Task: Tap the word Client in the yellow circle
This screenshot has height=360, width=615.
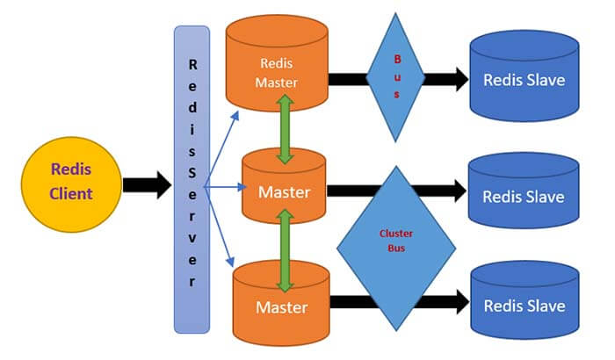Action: pyautogui.click(x=71, y=194)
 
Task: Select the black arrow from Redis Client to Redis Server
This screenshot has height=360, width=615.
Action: pyautogui.click(x=145, y=184)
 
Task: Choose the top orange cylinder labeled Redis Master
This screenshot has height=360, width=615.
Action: pyautogui.click(x=279, y=66)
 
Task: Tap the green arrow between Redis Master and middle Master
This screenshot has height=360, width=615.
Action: pyautogui.click(x=285, y=129)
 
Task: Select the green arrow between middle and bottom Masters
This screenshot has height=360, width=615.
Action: pyautogui.click(x=285, y=255)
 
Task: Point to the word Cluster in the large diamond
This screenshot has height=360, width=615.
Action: pyautogui.click(x=395, y=234)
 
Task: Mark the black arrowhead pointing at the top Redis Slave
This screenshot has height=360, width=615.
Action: pyautogui.click(x=458, y=78)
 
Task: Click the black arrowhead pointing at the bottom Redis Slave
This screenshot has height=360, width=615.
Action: pyautogui.click(x=458, y=303)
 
